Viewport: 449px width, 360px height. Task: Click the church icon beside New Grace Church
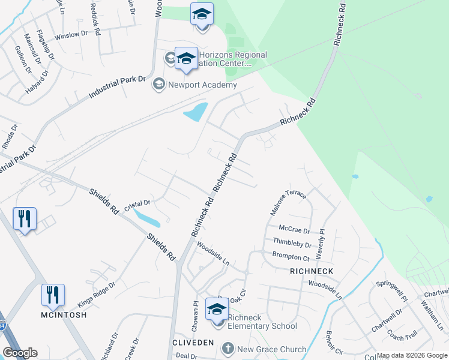[227, 349]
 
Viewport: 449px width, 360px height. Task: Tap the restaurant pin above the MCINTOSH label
[53, 294]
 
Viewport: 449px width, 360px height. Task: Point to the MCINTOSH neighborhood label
[64, 315]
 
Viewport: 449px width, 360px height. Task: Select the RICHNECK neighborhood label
[311, 271]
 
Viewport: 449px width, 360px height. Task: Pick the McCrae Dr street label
[294, 230]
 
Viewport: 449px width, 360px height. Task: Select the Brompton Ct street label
[290, 257]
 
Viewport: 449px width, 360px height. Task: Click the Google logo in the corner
[20, 353]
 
